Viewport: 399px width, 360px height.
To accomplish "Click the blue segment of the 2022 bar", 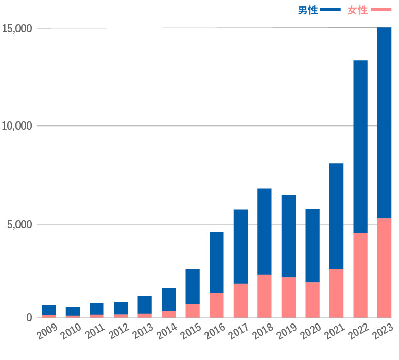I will [360, 147].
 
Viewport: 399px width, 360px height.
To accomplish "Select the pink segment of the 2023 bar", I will [384, 267].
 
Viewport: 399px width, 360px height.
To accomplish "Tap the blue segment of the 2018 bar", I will [265, 231].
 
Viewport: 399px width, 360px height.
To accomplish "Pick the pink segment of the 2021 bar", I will [336, 293].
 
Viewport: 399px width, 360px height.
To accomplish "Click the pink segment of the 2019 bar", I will [288, 297].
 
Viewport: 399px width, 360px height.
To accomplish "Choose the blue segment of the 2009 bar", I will [49, 310].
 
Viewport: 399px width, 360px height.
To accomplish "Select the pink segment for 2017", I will [240, 300].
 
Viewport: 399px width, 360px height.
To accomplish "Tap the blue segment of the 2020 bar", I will [313, 245].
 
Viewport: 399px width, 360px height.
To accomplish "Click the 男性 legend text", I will [308, 10].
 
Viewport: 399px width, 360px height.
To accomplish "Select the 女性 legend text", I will [357, 10].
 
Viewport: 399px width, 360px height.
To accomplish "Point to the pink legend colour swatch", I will [381, 10].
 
